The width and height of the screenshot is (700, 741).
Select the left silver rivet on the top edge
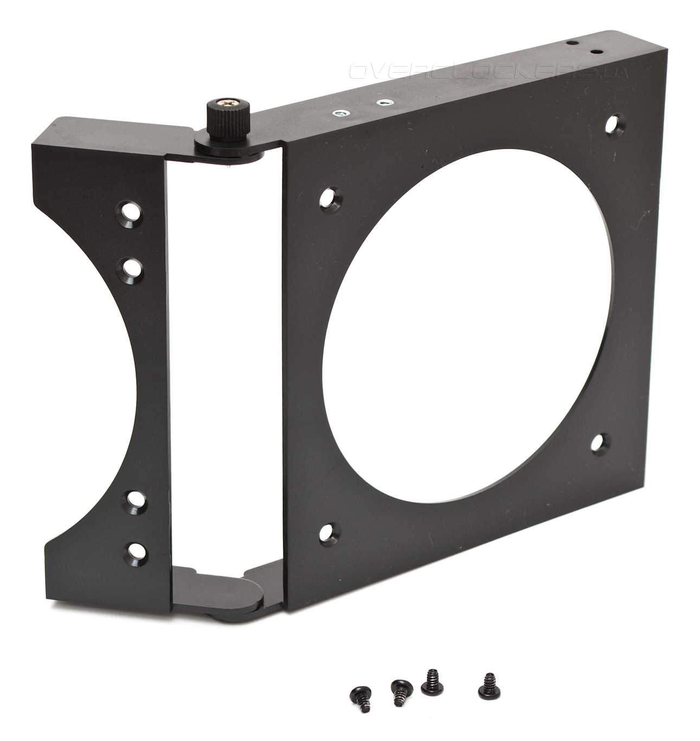point(340,113)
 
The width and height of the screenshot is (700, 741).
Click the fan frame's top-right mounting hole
point(615,124)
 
